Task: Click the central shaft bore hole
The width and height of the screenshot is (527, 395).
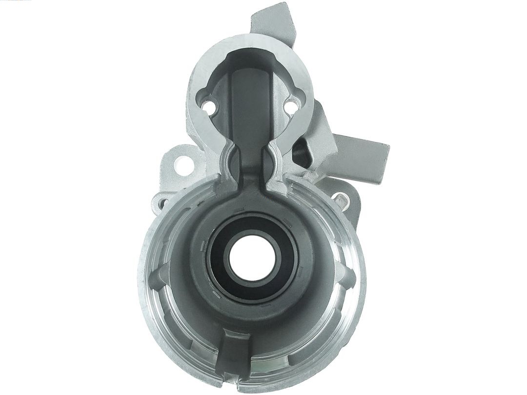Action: (249, 256)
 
